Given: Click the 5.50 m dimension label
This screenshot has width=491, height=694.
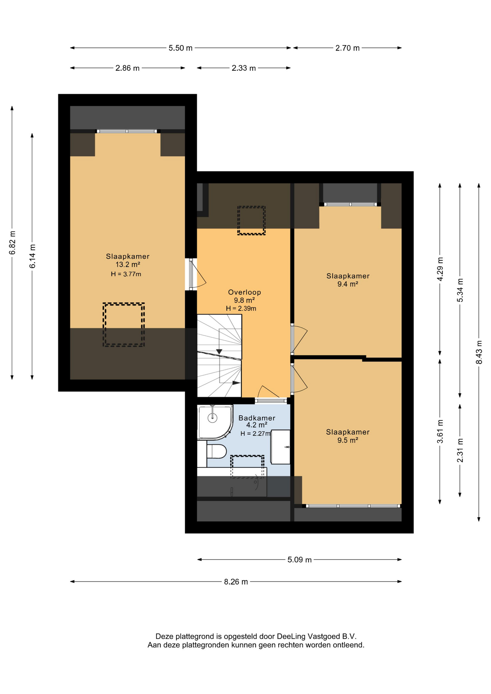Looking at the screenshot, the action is point(180,48).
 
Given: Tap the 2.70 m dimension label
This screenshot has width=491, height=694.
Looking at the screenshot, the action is point(347,48).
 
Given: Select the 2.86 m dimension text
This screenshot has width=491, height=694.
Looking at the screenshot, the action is point(127,68).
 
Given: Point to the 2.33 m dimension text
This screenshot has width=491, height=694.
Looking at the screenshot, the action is point(244,68).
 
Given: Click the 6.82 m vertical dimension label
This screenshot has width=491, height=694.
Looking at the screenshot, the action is point(12,242).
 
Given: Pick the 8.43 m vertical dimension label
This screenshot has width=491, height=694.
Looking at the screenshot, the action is point(479,352).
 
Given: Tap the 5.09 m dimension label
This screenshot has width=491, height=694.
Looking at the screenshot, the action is point(299,560).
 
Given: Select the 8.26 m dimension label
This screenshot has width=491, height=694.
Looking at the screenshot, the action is point(236,582).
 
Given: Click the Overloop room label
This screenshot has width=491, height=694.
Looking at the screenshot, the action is point(244,292).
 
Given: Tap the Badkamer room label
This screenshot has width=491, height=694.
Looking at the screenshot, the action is point(257,418).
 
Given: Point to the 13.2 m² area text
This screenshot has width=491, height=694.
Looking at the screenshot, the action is point(128,265).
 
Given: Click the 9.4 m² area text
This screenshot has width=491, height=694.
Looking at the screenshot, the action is point(348,284).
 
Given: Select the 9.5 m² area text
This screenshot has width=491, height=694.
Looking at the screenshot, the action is point(348,440).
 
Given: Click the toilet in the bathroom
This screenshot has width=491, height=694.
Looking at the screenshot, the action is point(216,451).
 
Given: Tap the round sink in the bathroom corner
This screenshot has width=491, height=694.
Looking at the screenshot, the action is point(213,418).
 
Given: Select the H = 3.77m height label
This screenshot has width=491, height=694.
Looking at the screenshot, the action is point(126,274).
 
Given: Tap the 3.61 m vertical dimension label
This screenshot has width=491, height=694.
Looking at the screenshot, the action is point(440,432).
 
